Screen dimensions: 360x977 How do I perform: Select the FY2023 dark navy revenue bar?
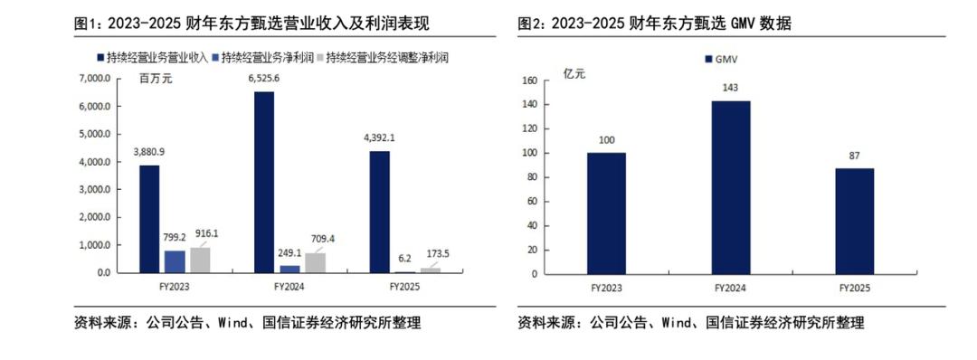click(149, 219)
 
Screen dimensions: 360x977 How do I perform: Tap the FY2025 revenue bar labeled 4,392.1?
click(379, 212)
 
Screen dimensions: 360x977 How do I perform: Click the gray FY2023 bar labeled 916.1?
click(200, 260)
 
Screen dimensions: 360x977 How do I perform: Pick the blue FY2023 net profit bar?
click(175, 261)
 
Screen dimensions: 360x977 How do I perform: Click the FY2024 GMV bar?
click(730, 186)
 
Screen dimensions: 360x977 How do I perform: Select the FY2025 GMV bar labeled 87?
click(854, 221)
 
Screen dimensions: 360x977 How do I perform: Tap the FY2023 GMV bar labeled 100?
click(606, 213)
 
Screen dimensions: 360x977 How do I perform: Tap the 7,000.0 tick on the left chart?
click(96, 79)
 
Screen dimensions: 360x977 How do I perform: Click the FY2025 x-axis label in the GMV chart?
click(854, 288)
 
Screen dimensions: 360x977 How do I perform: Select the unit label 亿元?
click(574, 74)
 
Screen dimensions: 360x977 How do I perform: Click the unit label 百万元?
click(155, 78)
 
